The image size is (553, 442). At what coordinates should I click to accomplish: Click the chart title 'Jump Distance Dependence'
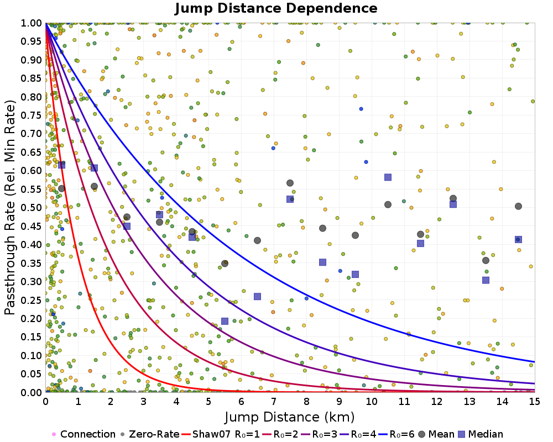point(276,9)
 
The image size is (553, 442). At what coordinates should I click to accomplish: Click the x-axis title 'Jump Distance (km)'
point(290,416)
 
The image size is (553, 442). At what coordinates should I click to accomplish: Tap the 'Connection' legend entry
point(83,434)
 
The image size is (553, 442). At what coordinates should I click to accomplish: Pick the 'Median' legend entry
point(479,434)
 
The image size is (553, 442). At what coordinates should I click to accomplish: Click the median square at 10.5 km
point(388,177)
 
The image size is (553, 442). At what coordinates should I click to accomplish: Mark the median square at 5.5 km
point(225,321)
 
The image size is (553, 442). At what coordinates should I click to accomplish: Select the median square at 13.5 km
point(486,280)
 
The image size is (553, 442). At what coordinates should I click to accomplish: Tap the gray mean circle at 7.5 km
point(290,183)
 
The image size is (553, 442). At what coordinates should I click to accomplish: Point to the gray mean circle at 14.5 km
point(518,206)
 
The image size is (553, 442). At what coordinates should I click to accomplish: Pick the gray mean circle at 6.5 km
point(257,240)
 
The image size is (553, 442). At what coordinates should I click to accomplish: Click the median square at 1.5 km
point(94,168)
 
